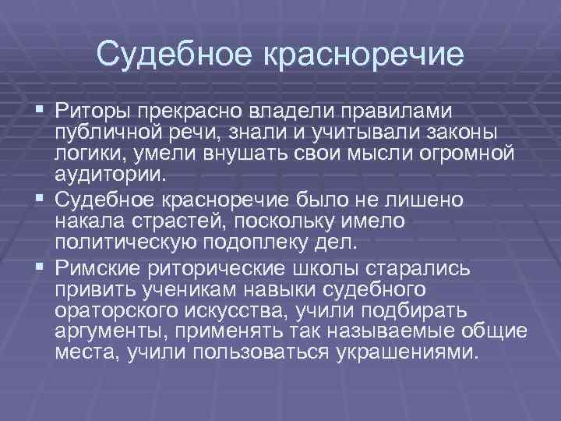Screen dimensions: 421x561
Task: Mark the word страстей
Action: click(x=177, y=221)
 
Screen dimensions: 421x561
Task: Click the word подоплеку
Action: click(x=271, y=242)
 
